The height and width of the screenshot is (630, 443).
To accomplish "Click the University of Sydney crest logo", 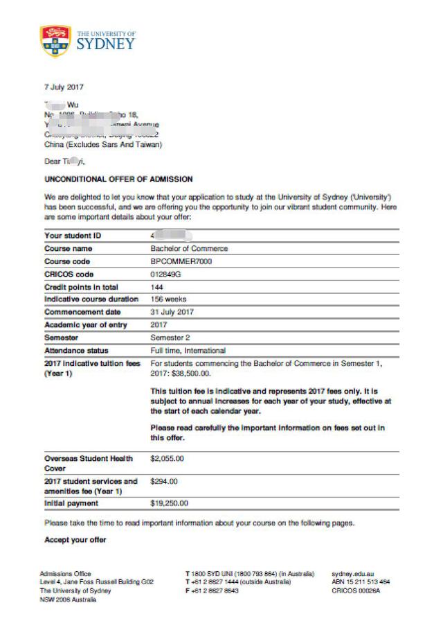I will (x=55, y=41).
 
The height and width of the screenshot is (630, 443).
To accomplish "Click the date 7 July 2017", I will (x=64, y=88).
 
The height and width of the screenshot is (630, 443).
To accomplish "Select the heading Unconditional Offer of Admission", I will (x=118, y=179).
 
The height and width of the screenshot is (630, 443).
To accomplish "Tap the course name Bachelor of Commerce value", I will (x=189, y=248).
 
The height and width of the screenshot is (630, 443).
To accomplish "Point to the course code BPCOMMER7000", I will (x=181, y=261).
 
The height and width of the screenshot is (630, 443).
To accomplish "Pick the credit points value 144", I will (x=157, y=287).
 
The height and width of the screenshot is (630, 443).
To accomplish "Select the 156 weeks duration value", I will (x=168, y=299).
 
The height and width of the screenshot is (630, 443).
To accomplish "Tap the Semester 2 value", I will (x=170, y=338).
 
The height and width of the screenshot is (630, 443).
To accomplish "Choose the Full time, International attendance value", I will (x=188, y=351).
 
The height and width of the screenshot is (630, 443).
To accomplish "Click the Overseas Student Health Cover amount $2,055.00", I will (x=168, y=458).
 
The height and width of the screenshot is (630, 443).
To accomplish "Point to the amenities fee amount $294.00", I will (x=164, y=481).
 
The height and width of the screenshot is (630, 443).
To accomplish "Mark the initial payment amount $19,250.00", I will (x=170, y=503).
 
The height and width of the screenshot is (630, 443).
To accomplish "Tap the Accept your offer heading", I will (x=75, y=539).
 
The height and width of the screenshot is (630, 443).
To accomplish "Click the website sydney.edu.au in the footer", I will (x=353, y=574).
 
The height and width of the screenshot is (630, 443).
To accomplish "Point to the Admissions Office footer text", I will (x=66, y=574).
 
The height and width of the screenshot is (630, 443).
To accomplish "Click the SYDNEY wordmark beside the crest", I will (x=106, y=44).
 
